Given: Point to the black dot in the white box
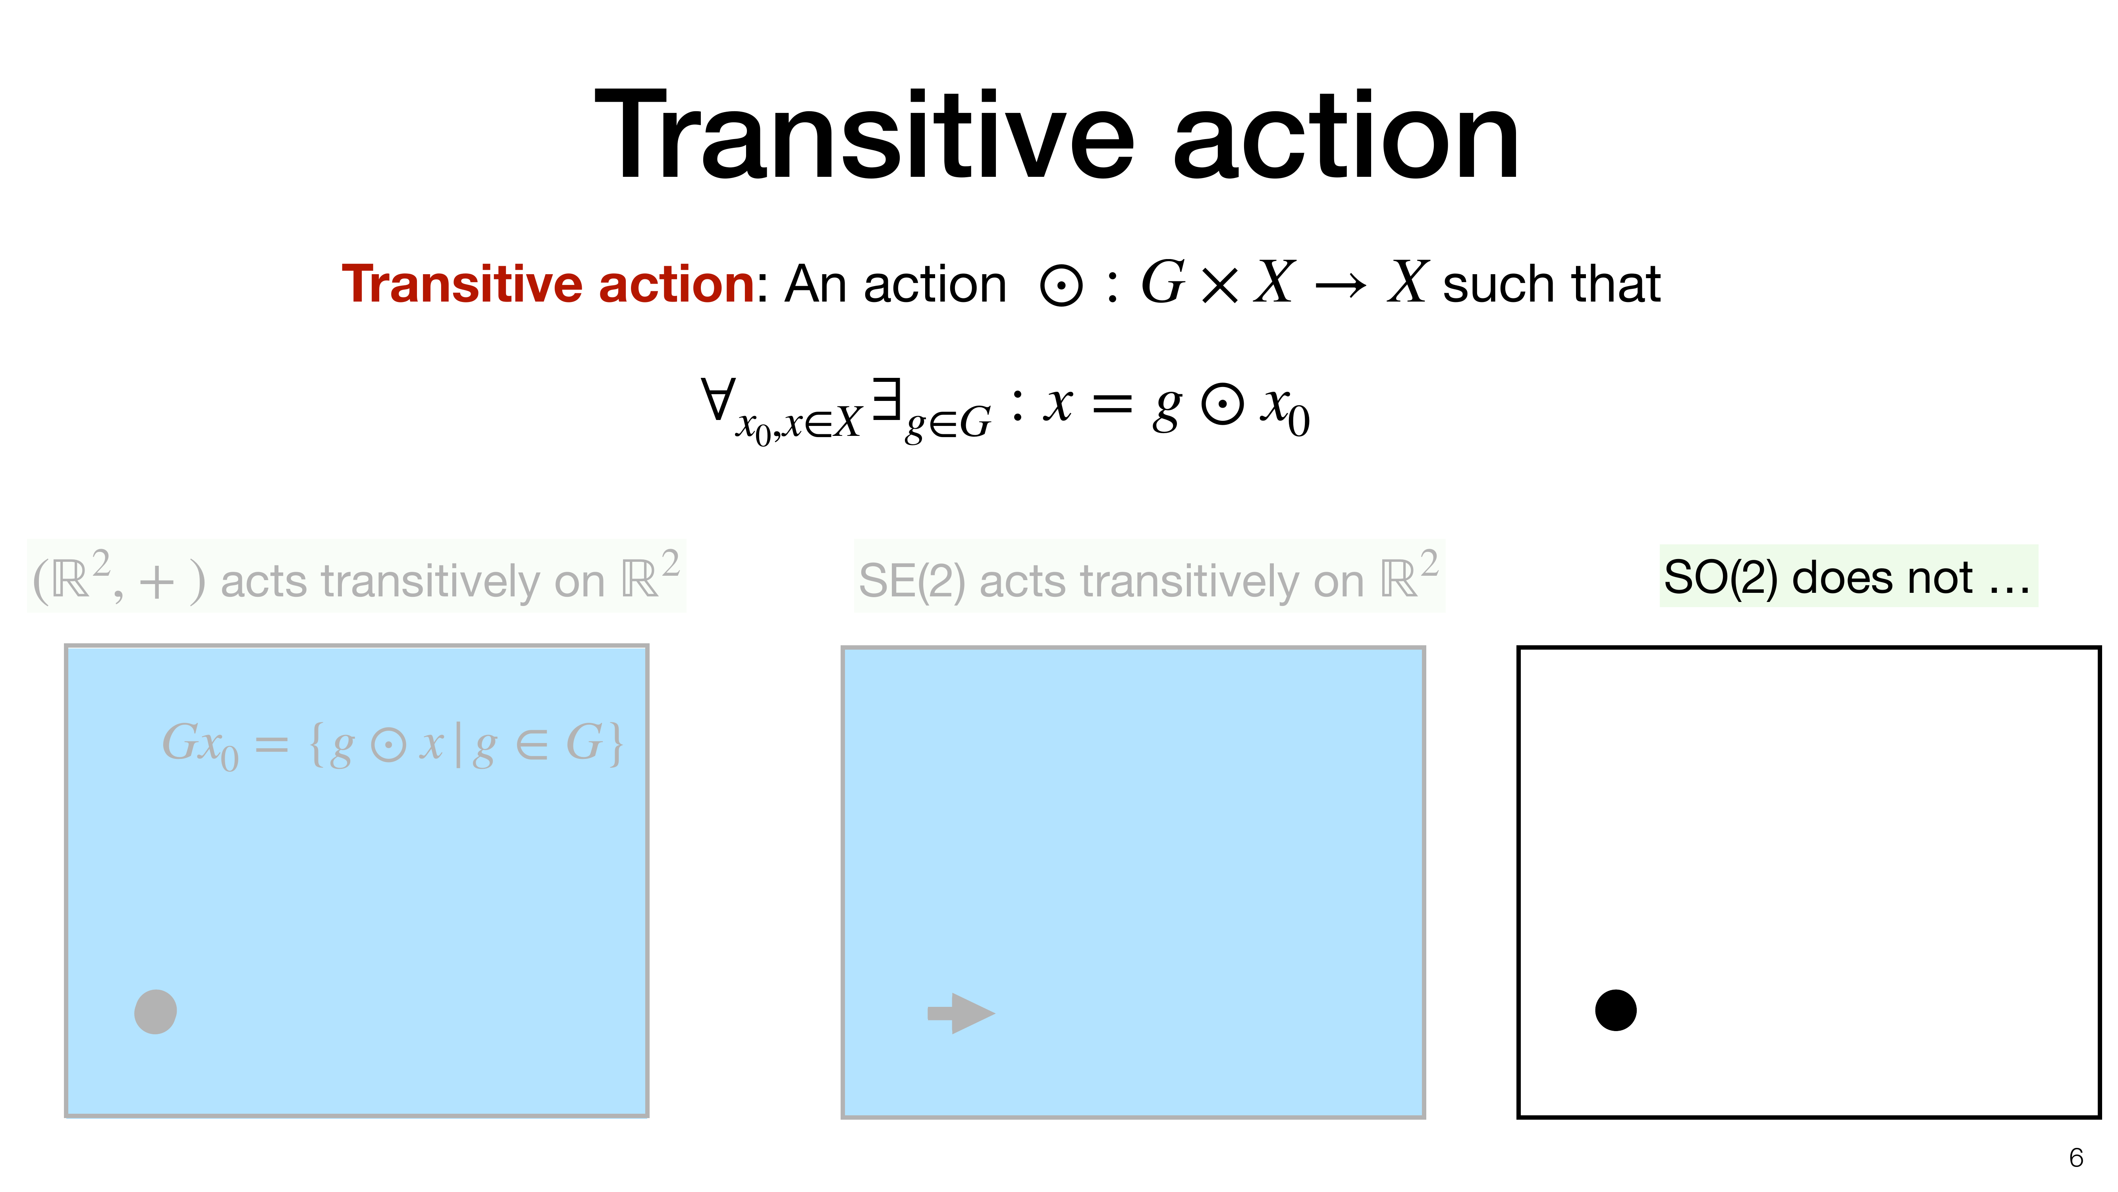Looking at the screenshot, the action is [1616, 1010].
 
